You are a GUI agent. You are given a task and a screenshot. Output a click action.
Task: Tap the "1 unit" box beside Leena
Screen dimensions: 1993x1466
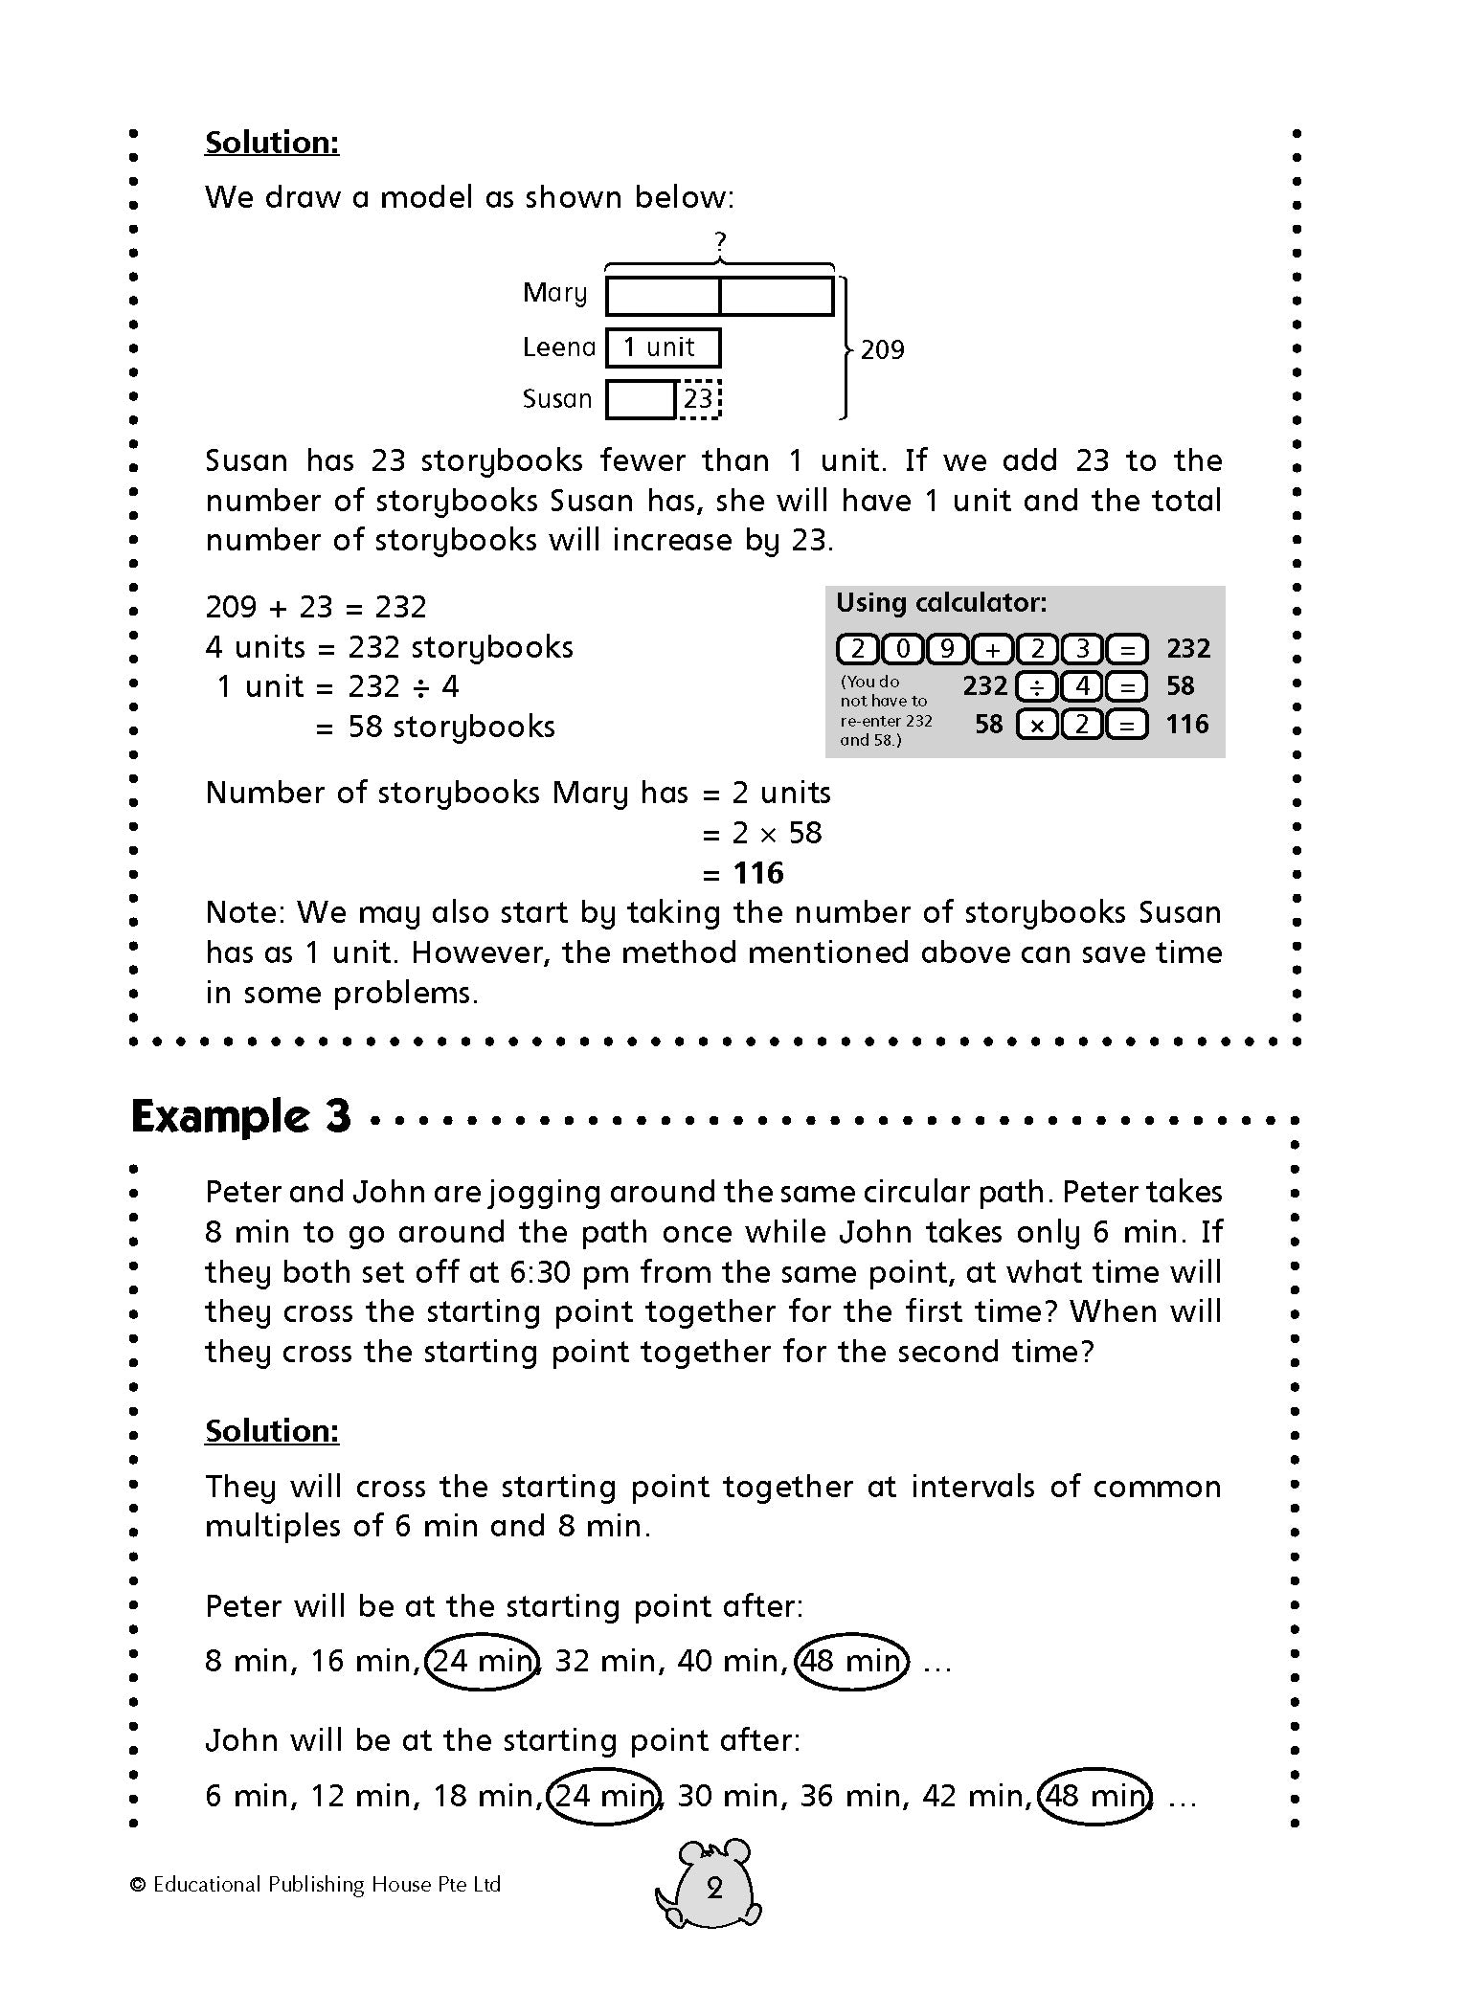coord(663,347)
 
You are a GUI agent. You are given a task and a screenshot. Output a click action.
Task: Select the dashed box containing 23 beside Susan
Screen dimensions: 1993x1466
coord(699,398)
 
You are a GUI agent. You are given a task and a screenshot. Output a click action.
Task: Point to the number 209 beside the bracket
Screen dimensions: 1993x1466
coord(882,350)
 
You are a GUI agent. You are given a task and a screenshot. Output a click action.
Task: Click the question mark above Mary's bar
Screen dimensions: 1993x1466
coord(720,242)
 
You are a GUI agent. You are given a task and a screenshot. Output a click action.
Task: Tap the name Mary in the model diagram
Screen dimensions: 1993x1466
coord(554,293)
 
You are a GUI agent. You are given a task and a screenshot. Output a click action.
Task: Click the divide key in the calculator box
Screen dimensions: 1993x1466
coord(1036,686)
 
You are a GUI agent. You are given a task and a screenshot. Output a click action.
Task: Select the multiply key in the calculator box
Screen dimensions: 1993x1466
coord(1036,725)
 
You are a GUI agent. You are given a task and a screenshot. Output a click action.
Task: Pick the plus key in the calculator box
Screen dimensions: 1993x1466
coord(993,649)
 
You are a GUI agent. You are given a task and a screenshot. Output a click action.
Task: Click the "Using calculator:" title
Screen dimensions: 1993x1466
coord(941,603)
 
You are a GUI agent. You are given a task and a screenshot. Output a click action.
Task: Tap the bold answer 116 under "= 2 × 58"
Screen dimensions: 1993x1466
coord(757,873)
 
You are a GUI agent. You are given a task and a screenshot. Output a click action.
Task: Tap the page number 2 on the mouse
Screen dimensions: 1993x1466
coord(714,1889)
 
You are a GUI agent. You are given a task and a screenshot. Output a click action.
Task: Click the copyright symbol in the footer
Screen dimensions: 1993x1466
coord(138,1885)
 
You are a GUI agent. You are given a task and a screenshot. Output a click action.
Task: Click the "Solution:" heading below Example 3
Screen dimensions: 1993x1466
coord(272,1430)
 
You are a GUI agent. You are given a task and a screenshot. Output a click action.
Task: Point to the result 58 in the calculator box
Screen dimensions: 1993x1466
coord(1180,686)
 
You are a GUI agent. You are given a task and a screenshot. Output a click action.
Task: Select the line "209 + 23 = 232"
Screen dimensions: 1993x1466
coord(316,607)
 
